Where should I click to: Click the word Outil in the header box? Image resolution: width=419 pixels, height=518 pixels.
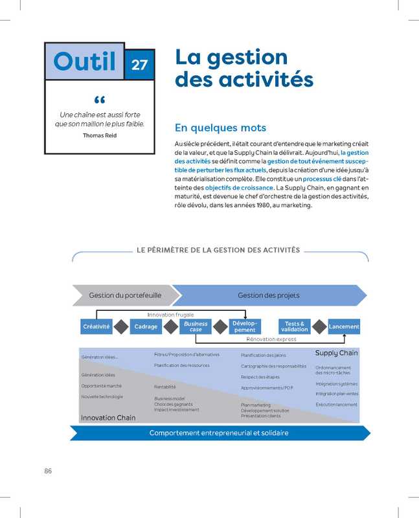tap(85, 62)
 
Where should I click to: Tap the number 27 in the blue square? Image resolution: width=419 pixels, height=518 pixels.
tap(139, 64)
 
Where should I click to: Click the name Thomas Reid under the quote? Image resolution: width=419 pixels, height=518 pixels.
tap(100, 135)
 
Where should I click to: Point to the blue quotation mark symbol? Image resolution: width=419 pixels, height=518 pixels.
tap(99, 100)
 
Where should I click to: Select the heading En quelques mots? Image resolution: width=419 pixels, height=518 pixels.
tap(220, 128)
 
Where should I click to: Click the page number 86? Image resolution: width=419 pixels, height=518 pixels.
tap(48, 471)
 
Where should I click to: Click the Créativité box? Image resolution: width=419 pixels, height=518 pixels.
tap(96, 326)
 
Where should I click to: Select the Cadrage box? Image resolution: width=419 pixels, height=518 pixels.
tap(146, 326)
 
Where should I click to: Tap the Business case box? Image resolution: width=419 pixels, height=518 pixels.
tap(196, 326)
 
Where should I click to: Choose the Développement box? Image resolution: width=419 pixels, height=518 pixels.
tap(245, 326)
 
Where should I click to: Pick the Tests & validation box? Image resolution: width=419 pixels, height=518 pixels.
tap(295, 326)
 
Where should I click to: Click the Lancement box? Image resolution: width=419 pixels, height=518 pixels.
tap(344, 326)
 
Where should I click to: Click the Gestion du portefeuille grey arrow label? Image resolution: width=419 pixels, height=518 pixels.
tap(124, 295)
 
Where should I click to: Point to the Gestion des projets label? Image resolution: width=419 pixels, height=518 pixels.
tap(268, 295)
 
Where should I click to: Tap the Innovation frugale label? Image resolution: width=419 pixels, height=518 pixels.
tap(170, 314)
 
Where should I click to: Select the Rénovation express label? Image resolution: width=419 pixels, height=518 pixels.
tap(271, 339)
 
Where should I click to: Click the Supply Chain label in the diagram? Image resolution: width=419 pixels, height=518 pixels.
tap(336, 354)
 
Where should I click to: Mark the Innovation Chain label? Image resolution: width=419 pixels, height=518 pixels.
tap(108, 418)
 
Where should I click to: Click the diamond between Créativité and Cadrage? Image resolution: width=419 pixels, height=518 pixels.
tap(121, 326)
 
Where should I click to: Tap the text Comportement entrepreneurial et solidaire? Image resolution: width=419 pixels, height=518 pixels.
tap(219, 433)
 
